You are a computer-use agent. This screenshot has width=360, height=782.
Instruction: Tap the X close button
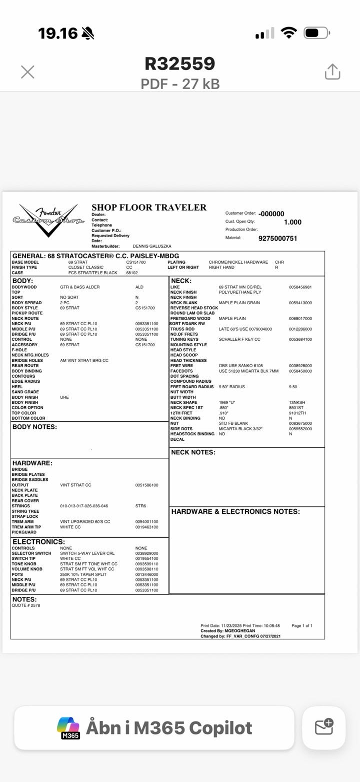point(27,72)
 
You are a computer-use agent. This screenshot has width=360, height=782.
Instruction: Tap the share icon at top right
point(332,72)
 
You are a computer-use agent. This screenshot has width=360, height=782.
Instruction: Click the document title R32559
point(180,64)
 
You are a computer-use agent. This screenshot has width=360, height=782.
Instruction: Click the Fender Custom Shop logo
point(48,220)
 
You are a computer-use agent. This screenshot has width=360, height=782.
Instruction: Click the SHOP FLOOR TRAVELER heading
point(149,208)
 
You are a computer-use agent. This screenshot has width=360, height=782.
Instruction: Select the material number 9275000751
point(277,238)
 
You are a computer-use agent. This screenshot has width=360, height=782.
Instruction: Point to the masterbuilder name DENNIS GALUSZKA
point(152,246)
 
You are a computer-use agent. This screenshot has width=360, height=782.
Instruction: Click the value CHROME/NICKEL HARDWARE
point(238,262)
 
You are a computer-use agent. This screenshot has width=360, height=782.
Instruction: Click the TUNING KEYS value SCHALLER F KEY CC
point(239,339)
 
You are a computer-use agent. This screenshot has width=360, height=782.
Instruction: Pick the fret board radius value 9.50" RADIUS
point(231,387)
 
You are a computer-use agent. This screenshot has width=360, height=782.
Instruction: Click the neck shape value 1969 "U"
point(227,402)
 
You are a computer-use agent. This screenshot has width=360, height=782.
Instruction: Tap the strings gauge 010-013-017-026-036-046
point(84,506)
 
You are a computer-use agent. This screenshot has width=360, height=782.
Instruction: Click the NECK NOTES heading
point(193,452)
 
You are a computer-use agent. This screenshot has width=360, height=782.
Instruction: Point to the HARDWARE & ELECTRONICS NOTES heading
point(235,511)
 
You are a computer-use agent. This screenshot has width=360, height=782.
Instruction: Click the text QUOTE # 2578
point(25,605)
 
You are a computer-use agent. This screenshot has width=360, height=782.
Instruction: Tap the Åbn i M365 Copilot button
point(154,727)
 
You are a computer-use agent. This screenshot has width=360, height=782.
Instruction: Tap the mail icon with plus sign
point(324,727)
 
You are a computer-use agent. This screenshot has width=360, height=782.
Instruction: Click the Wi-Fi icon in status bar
point(289,33)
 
